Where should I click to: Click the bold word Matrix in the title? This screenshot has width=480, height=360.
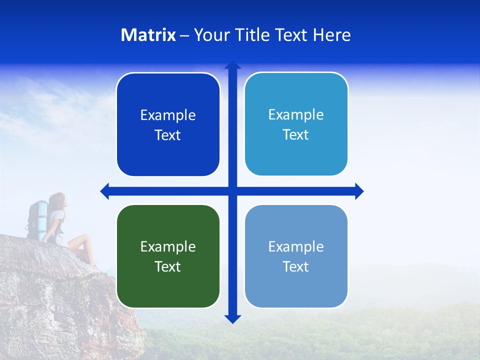[148, 35]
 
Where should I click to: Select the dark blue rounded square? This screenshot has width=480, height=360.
[168, 124]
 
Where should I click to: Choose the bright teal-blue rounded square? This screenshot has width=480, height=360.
[296, 124]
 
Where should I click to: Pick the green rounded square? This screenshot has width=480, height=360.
[168, 256]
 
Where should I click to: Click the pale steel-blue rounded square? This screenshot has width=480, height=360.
[296, 256]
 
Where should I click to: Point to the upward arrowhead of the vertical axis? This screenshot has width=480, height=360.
[232, 65]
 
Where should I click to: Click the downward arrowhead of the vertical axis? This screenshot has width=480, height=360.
[232, 318]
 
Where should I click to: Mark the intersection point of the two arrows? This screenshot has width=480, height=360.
[232, 191]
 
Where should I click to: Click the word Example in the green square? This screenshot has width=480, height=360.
[168, 246]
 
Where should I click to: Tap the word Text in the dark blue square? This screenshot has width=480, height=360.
[168, 135]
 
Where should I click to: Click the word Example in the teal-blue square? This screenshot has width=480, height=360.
[296, 114]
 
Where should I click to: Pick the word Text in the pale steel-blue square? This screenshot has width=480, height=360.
[296, 266]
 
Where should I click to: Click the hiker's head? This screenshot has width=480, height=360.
[57, 201]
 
